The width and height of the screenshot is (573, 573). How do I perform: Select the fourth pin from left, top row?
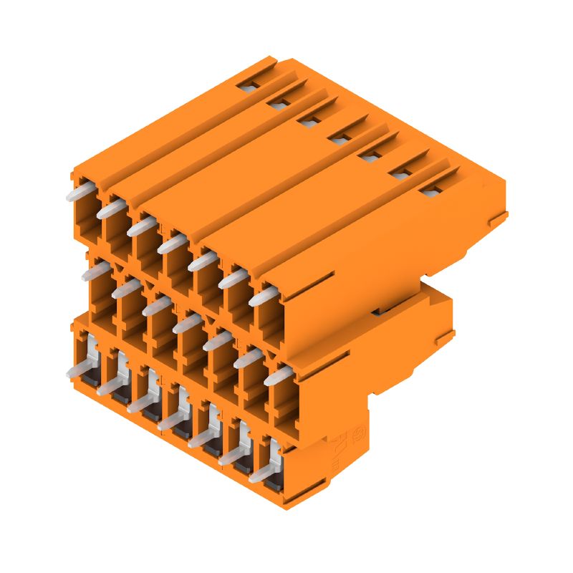pyautogui.click(x=172, y=244)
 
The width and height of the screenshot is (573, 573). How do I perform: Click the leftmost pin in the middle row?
pyautogui.click(x=95, y=272)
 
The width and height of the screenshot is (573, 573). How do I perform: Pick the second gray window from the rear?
pyautogui.click(x=279, y=105)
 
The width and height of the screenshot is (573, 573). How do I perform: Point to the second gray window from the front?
pyautogui.click(x=401, y=172)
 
